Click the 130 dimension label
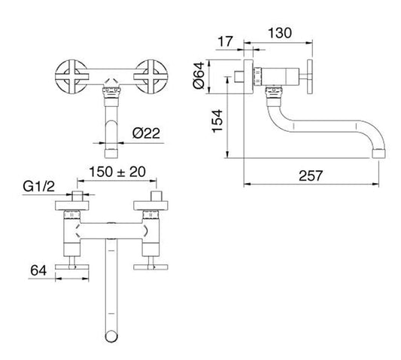[280, 33]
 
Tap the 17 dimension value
[225, 41]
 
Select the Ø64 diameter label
[199, 75]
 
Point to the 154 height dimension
[217, 121]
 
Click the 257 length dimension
[311, 176]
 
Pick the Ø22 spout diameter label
[146, 133]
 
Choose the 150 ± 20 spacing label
[117, 172]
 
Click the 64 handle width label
[38, 270]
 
